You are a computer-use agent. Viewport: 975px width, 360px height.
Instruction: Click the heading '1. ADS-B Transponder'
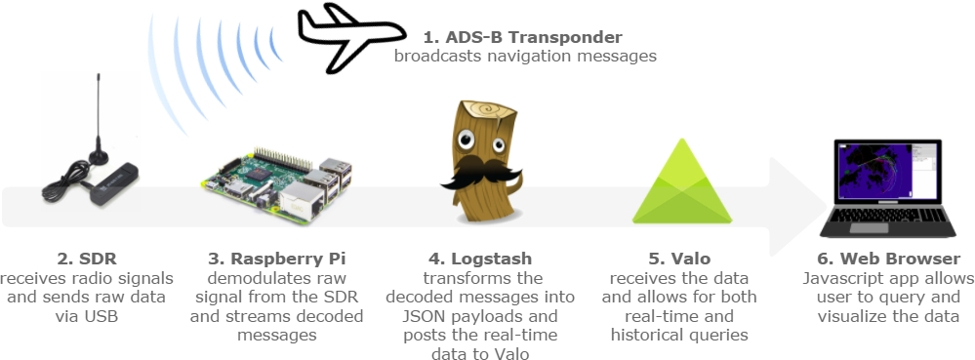[x=522, y=37]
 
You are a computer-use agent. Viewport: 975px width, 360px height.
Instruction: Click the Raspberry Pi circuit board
[x=277, y=186]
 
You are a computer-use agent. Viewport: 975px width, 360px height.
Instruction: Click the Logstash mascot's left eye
[x=467, y=140]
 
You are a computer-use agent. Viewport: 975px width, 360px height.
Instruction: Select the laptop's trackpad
[x=870, y=228]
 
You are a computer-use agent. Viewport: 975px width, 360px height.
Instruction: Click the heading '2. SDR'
[x=87, y=258]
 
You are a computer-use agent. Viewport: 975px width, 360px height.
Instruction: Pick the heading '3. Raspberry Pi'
[x=277, y=259]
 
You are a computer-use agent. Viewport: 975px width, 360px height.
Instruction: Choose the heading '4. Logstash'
[x=480, y=259]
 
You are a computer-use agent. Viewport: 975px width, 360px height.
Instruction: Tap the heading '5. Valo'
[x=679, y=258]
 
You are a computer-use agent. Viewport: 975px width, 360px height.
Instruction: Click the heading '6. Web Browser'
[x=888, y=258]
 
